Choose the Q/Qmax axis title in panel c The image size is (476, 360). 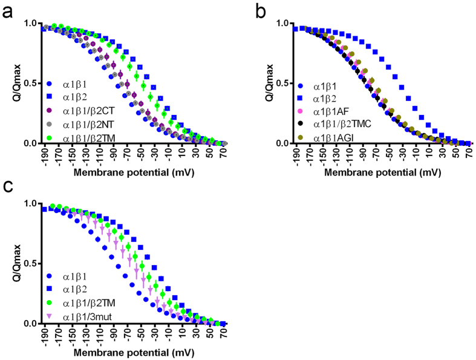13,264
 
